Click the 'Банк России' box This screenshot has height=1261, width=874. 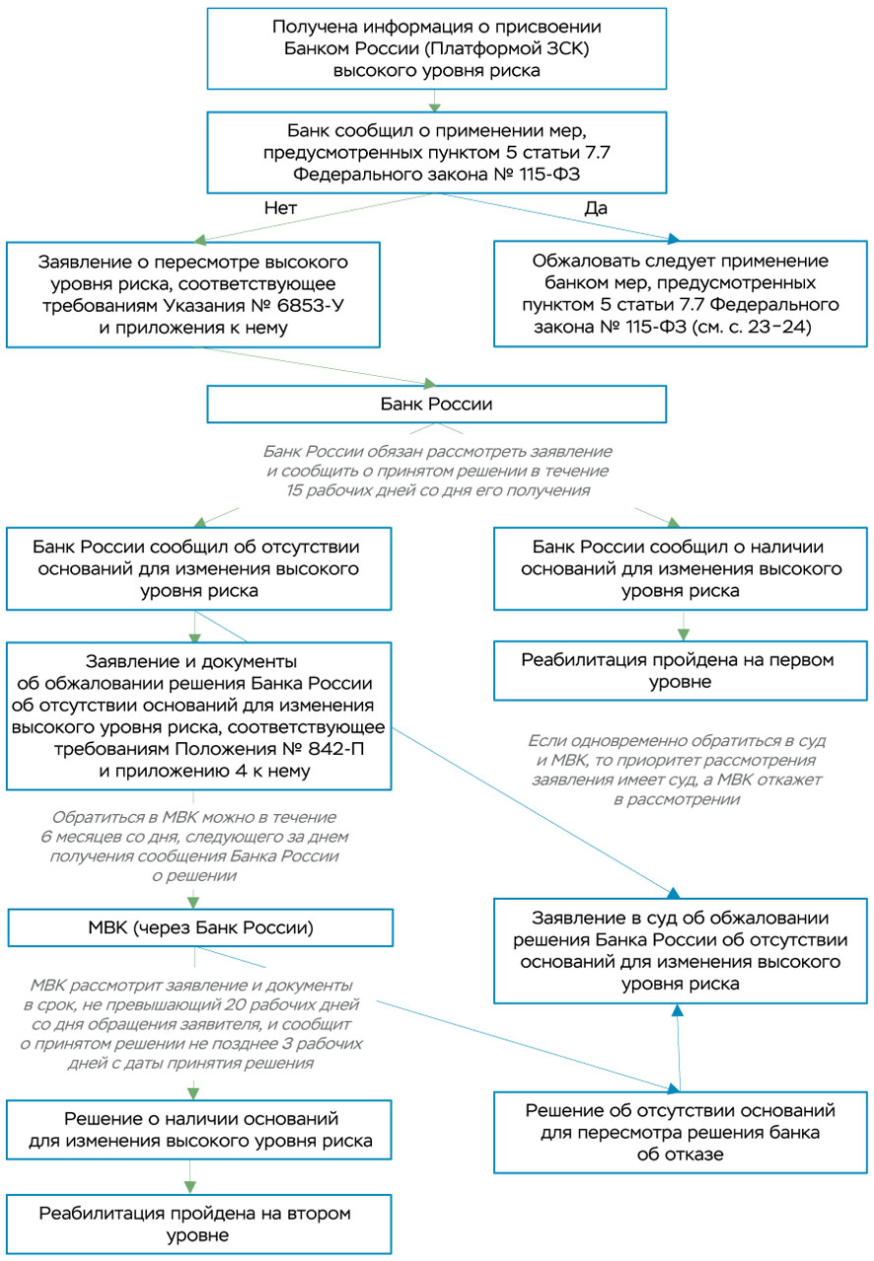[437, 405]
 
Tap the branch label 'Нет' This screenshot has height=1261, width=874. [280, 209]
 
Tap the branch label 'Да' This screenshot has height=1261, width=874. [597, 209]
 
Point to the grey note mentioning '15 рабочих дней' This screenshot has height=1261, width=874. [437, 471]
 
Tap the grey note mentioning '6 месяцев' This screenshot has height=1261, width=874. [194, 846]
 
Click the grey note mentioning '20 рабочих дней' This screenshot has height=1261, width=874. [194, 1024]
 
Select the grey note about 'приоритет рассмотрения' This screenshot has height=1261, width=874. [677, 770]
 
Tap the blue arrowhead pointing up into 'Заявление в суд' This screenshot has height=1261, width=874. [677, 1011]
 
